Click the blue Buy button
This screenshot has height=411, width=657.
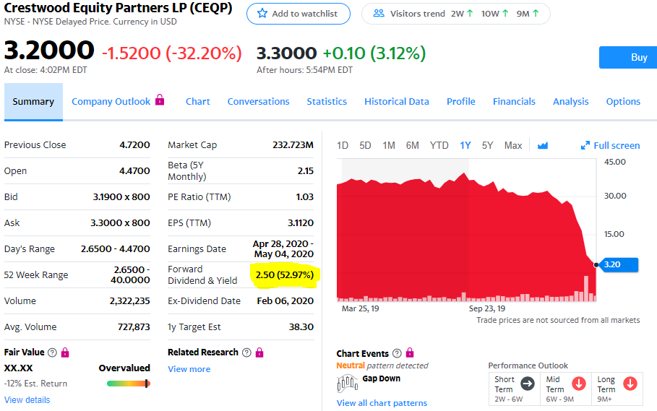pos(627,57)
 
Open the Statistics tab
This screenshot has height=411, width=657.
pos(327,102)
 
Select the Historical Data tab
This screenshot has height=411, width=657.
pos(397,102)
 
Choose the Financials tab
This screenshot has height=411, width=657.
pos(514,102)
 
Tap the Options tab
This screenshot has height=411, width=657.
pos(623,102)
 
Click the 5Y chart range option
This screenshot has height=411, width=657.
pos(488,145)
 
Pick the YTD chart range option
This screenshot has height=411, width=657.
pos(439,145)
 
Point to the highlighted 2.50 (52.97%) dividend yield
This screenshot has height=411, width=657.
pos(284,274)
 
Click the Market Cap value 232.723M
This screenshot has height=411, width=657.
pos(293,145)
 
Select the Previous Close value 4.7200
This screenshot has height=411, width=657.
pos(134,145)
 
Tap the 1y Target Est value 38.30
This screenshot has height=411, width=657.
pos(301,327)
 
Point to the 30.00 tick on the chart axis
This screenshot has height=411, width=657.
pos(615,196)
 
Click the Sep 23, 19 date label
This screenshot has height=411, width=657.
pos(487,308)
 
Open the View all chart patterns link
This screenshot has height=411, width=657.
pos(382,403)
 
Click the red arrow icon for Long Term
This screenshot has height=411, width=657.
pos(630,384)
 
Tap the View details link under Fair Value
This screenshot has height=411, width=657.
pos(27,400)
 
